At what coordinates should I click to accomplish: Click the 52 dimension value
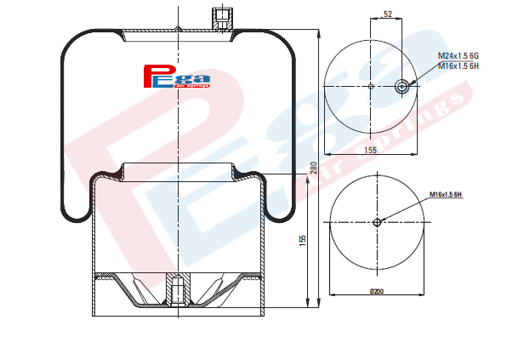(x=387, y=14)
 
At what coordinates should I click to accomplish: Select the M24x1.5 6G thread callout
(x=459, y=55)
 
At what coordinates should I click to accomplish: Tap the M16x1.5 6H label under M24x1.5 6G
(x=459, y=66)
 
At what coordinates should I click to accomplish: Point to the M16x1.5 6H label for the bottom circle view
(x=445, y=194)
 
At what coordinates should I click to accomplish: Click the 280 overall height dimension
(x=314, y=168)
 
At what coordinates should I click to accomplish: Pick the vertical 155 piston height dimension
(x=302, y=241)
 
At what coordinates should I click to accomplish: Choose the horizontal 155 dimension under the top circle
(x=371, y=150)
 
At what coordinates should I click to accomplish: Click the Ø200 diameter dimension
(x=377, y=291)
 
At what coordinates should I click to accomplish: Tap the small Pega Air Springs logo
(x=177, y=77)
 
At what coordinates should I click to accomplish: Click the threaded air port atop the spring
(x=222, y=19)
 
